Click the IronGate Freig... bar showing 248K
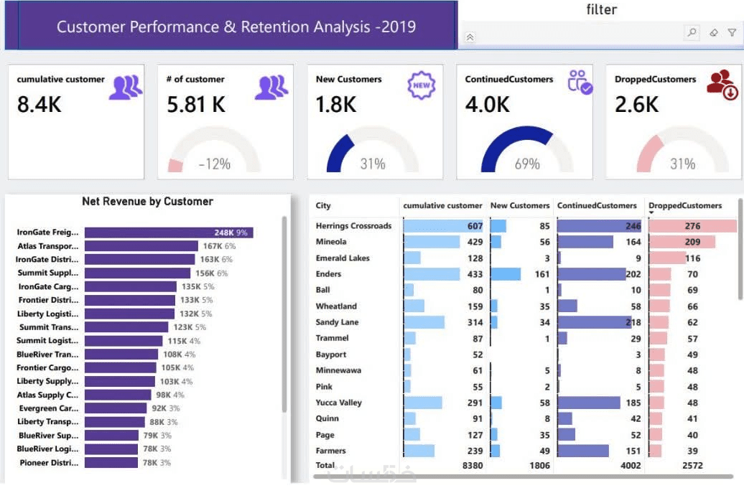pos(168,233)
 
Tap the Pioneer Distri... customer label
pos(49,463)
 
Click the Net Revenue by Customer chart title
pos(147,202)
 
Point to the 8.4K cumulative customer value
pos(39,105)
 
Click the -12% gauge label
pos(215,164)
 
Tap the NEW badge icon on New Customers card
pos(422,85)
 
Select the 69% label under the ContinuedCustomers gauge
pos(526,164)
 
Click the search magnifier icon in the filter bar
pos(692,32)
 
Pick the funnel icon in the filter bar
pos(732,32)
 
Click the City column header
pos(323,206)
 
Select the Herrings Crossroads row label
pos(353,226)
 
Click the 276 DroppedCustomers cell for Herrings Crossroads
pos(692,226)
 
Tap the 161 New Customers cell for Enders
pos(541,274)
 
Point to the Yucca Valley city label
pos(338,403)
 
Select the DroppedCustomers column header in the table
pos(685,206)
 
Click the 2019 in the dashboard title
pos(395,27)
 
